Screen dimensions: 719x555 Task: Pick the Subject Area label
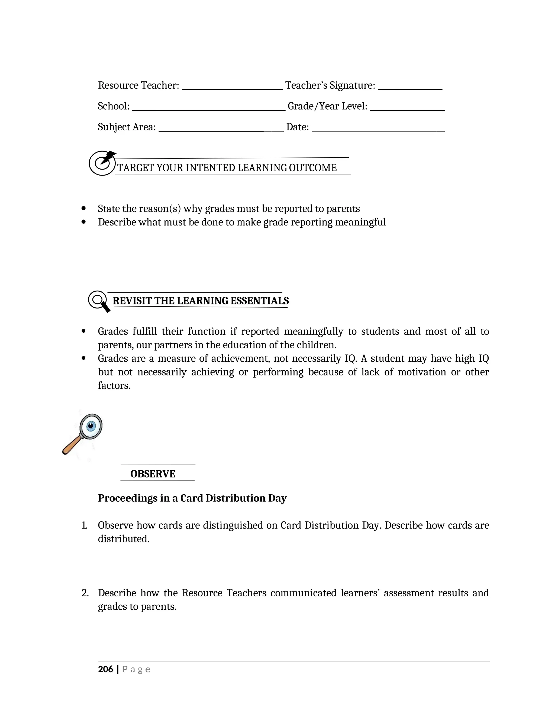pos(127,127)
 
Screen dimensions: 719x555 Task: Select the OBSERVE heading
pos(153,474)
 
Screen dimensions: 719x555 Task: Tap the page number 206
pos(105,669)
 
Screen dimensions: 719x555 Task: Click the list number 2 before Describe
pos(85,593)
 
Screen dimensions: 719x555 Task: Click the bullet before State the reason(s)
pos(83,208)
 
